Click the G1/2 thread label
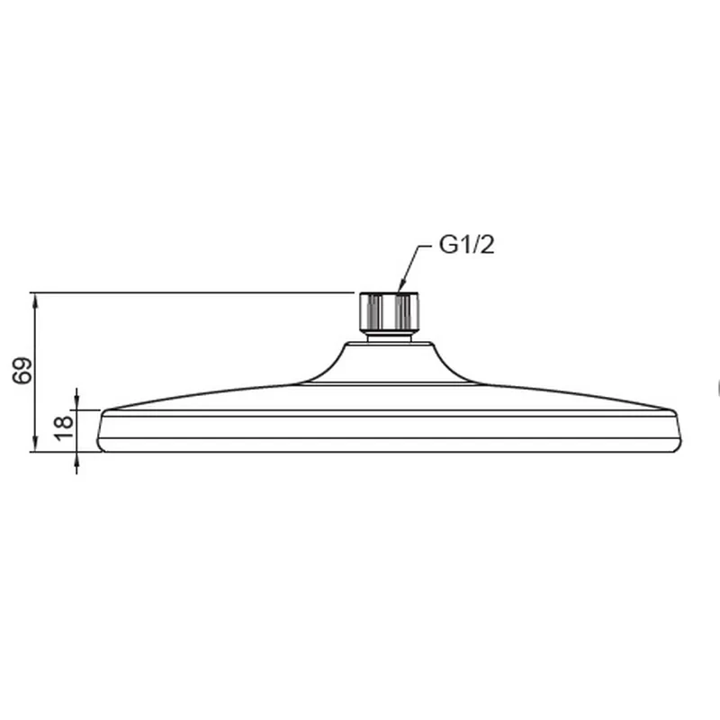(466, 246)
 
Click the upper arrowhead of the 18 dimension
(76, 402)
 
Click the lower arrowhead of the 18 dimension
(76, 459)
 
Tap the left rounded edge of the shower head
(101, 432)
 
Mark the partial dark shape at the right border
(717, 389)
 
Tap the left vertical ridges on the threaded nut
(370, 311)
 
